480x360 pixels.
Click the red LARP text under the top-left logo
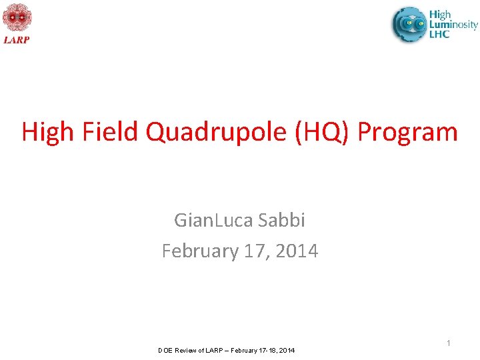(x=17, y=39)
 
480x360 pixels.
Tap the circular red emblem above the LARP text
(x=17, y=18)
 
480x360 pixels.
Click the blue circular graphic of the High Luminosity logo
(x=409, y=24)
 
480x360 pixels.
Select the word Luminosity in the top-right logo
(x=453, y=25)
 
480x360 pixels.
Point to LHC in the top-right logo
(x=439, y=34)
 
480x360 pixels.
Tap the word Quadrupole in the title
(x=217, y=132)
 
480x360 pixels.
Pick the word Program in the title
(x=408, y=132)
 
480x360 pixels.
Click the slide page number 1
(x=449, y=343)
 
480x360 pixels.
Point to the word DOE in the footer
(x=165, y=351)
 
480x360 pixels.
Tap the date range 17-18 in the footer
(x=268, y=351)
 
